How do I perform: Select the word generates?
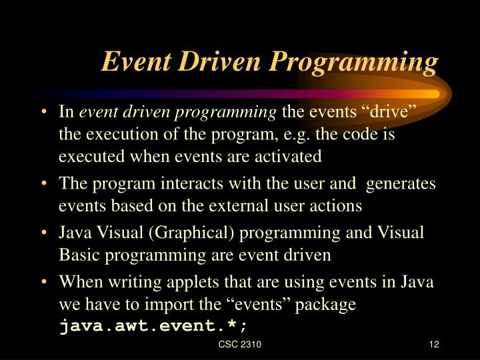(401, 184)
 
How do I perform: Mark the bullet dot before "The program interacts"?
(43, 184)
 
